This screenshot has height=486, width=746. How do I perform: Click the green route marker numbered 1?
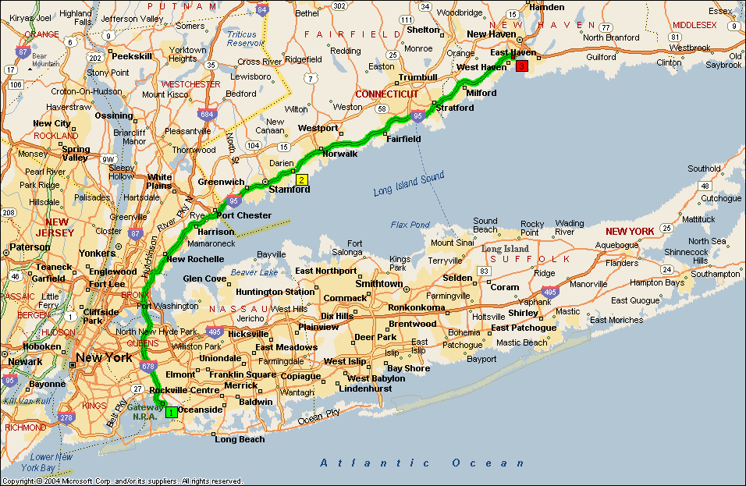[x=171, y=412]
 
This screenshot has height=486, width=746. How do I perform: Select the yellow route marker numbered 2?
[x=301, y=179]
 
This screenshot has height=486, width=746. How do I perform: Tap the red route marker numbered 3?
[x=521, y=66]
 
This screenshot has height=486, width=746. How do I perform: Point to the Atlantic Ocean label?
[x=423, y=463]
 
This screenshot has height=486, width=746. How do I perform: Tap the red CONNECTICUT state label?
[x=387, y=94]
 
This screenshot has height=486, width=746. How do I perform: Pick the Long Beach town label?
[x=240, y=439]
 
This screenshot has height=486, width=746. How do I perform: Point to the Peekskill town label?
[x=131, y=57]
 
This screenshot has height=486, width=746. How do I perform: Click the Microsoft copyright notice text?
[x=122, y=481]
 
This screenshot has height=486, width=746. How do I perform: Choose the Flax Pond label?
[x=410, y=225]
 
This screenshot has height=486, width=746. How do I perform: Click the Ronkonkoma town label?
[x=416, y=307]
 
